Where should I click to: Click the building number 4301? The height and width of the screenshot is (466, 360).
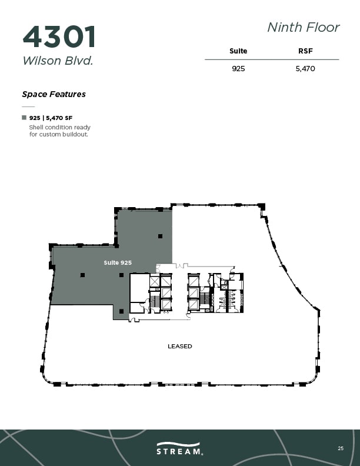point(59,36)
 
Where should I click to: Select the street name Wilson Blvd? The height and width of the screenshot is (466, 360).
point(58,61)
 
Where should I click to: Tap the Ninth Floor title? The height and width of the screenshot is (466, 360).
point(303,27)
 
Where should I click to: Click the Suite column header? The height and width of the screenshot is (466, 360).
point(238,51)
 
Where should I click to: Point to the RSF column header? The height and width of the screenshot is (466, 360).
point(305,51)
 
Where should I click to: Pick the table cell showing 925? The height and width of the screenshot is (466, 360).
point(238,69)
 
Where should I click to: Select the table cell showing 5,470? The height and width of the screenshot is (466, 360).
point(305,69)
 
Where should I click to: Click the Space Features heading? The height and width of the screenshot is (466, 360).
point(54,94)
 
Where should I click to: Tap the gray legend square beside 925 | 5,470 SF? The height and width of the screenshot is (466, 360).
point(24,118)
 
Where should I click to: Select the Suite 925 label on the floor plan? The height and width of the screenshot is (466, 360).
point(117,262)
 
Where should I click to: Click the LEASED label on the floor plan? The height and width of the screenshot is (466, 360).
point(179,347)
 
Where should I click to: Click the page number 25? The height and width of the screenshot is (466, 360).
point(341,448)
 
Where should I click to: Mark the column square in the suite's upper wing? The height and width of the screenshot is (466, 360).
point(159,236)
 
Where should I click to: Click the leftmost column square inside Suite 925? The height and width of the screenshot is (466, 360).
point(82,275)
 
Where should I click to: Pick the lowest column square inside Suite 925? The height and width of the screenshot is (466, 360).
point(121,311)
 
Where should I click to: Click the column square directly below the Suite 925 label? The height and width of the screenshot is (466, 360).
point(121,275)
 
